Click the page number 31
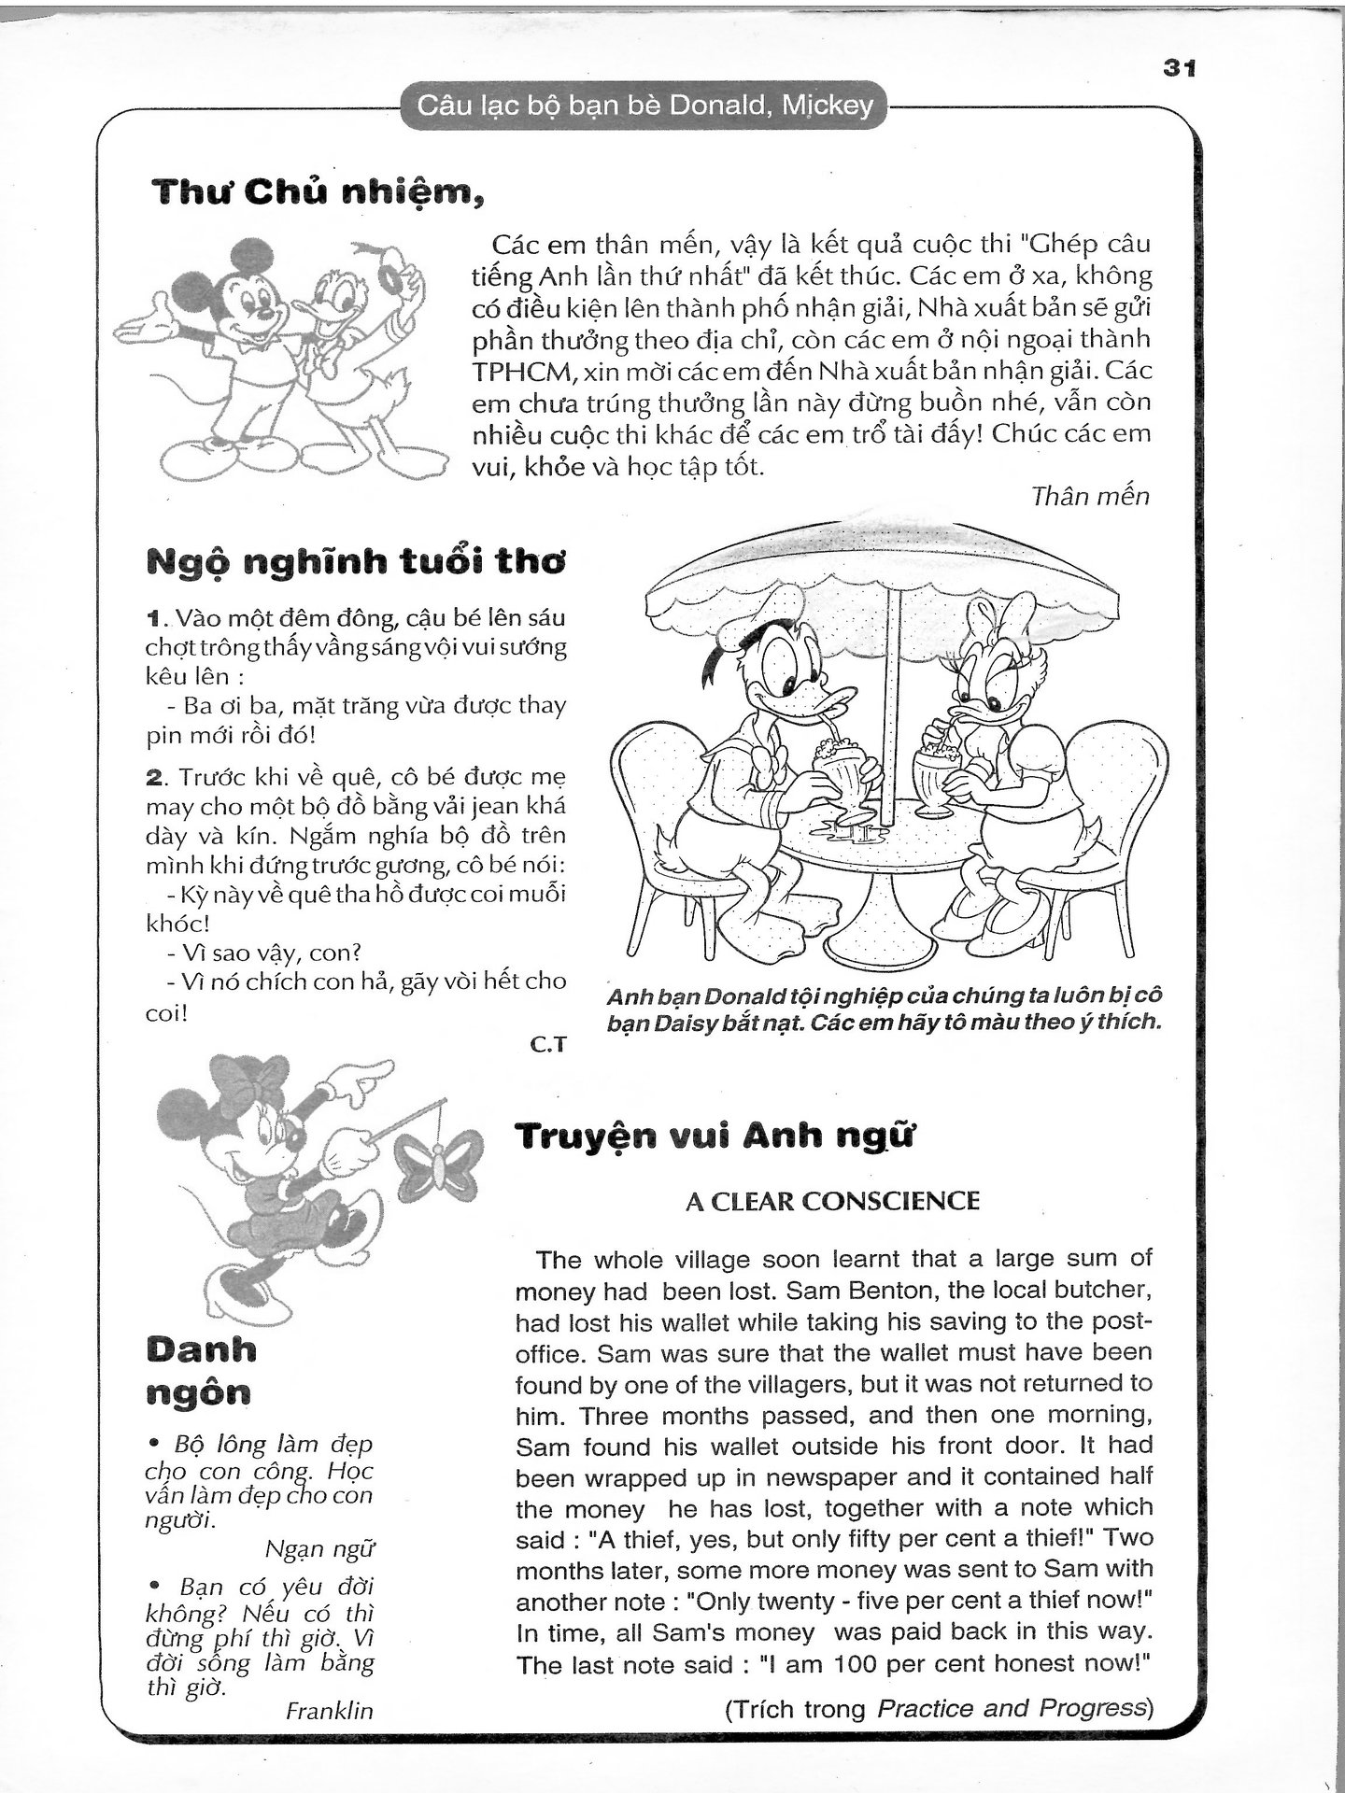tap(1180, 68)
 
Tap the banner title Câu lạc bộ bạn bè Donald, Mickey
tap(644, 106)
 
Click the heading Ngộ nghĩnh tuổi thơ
tap(356, 563)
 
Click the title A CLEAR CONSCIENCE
tap(832, 1201)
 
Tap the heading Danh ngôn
tap(200, 1371)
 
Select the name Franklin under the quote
tap(329, 1710)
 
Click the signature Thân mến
tap(1090, 496)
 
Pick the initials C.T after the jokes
tap(548, 1045)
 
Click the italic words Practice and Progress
tap(1012, 1709)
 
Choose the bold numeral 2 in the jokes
tap(155, 777)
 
